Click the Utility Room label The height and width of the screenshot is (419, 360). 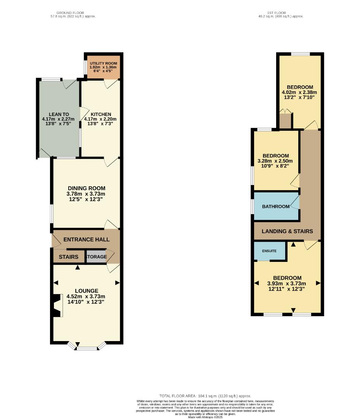(x=103, y=63)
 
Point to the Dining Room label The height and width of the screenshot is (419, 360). (x=86, y=189)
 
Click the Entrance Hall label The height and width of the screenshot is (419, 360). (x=87, y=240)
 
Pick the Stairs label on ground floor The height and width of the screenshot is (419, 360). (x=69, y=257)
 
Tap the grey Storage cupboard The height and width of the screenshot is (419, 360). (x=96, y=257)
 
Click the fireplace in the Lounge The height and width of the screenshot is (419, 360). (x=57, y=306)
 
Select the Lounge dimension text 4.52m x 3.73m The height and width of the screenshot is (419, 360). (x=86, y=296)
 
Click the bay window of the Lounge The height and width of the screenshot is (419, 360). (x=87, y=347)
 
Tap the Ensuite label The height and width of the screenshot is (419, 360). (x=269, y=251)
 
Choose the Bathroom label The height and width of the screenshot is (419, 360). (x=276, y=206)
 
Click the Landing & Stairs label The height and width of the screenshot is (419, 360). (x=287, y=232)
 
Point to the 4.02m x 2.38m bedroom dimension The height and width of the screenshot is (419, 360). (x=299, y=92)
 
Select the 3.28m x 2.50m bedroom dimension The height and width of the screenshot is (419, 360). (x=275, y=161)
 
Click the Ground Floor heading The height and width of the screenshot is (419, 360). (x=70, y=13)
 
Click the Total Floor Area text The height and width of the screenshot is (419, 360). (x=205, y=395)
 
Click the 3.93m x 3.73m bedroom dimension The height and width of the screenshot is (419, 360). (x=287, y=283)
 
